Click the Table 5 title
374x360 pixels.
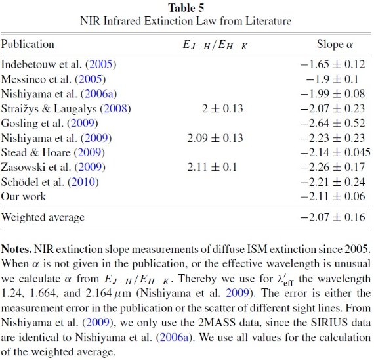tap(186, 8)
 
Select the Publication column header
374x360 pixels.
tap(28, 45)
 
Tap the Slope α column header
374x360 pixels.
tap(335, 45)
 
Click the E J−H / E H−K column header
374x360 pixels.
tap(215, 45)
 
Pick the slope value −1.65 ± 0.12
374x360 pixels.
tap(333, 64)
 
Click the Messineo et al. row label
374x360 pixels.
tap(53, 79)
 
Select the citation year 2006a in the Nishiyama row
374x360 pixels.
tap(99, 94)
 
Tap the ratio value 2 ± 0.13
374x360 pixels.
tap(222, 108)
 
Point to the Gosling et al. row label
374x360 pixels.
tap(50, 124)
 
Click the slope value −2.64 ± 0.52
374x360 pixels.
tap(333, 124)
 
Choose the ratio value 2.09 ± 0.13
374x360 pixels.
tap(215, 138)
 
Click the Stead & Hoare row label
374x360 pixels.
tap(53, 152)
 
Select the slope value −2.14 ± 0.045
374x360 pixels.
tap(335, 152)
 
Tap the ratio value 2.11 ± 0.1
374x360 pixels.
tap(212, 167)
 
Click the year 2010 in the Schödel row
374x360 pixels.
tap(83, 182)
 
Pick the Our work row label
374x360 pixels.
tap(24, 196)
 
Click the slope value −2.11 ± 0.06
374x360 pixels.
tap(333, 196)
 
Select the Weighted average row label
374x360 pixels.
tap(43, 217)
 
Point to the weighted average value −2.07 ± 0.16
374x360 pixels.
tap(333, 217)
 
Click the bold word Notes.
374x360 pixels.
tap(16, 250)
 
